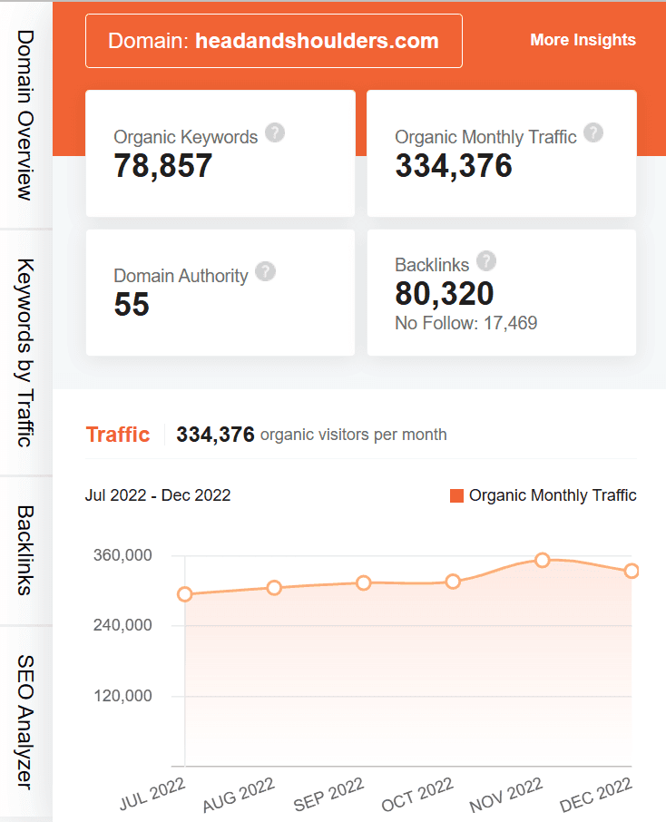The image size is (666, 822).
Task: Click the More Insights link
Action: coord(583,40)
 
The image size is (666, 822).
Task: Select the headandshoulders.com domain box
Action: coord(273,41)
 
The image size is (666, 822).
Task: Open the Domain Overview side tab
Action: coord(25,114)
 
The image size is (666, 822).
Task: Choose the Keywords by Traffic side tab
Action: coord(25,352)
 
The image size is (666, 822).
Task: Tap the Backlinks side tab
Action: coord(25,550)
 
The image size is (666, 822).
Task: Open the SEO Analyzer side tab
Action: coord(25,721)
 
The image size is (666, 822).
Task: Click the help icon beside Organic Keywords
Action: coord(275,133)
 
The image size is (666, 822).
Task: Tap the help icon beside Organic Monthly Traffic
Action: coord(593,133)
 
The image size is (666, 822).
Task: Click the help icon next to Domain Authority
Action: coord(265,271)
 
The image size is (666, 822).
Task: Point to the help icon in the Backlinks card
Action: coord(486,261)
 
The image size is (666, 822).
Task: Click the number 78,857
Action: coord(163,165)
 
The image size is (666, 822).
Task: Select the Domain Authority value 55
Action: coord(132,305)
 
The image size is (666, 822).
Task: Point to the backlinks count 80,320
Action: coord(445,293)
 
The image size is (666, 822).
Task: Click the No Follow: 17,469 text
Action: coord(466,323)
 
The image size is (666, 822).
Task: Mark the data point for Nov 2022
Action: coord(543,560)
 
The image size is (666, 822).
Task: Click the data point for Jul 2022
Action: coord(185,594)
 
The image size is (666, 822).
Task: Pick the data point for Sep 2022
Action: coord(364,582)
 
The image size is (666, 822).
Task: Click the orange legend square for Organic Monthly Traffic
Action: coord(457,495)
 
